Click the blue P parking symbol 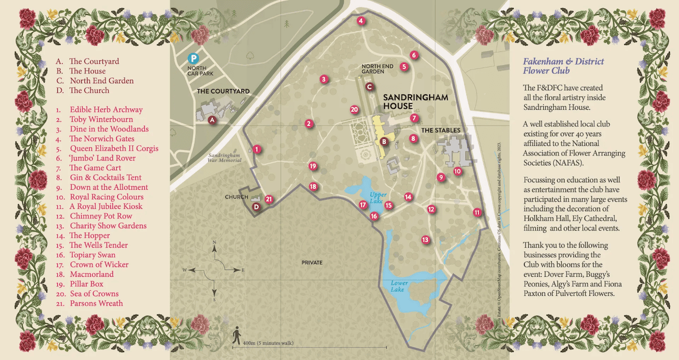pos(195,58)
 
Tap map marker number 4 pos(361,21)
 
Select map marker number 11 pos(477,213)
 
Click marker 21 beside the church pos(269,199)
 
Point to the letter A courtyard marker pos(212,120)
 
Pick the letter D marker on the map pos(256,207)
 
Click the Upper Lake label pos(378,198)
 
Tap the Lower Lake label pos(399,286)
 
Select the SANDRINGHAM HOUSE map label pos(415,101)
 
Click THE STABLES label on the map pos(441,130)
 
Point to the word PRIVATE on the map pos(312,262)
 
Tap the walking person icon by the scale pos(237,335)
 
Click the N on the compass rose pos(214,242)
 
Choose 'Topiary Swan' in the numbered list pos(92,255)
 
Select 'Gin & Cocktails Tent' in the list pos(106,178)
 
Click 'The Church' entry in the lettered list pos(89,91)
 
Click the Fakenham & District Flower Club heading pos(563,66)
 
